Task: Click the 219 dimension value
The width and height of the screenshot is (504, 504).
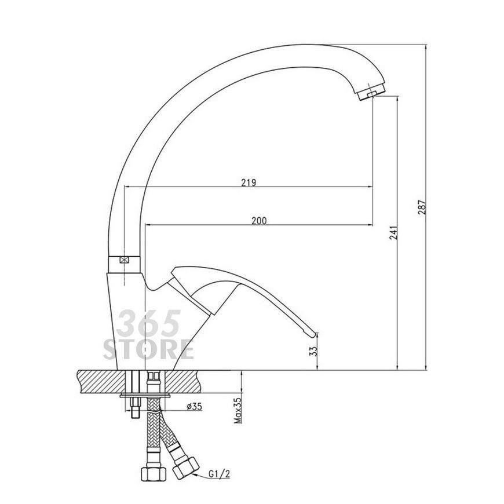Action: pyautogui.click(x=249, y=182)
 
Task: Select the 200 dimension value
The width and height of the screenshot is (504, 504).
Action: pyautogui.click(x=259, y=221)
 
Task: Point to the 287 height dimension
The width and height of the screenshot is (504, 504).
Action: pyautogui.click(x=422, y=207)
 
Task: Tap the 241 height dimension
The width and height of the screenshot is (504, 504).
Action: pyautogui.click(x=394, y=233)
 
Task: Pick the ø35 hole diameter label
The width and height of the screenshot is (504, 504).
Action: pyautogui.click(x=195, y=407)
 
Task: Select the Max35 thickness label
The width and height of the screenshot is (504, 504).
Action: pyautogui.click(x=238, y=411)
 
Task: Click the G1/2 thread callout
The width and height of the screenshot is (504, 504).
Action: pyautogui.click(x=219, y=473)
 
